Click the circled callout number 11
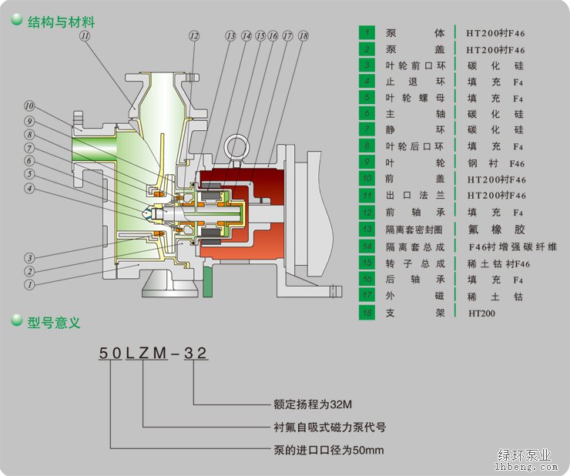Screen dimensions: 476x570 pyautogui.click(x=84, y=36)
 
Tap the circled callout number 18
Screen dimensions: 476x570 pyautogui.click(x=303, y=36)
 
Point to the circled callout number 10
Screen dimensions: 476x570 pyautogui.click(x=29, y=106)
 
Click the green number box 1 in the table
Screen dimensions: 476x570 pyautogui.click(x=368, y=32)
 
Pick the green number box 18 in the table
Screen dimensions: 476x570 pyautogui.click(x=368, y=313)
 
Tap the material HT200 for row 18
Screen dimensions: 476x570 pyautogui.click(x=481, y=313)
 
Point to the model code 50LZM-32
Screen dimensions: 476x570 pyautogui.click(x=153, y=354)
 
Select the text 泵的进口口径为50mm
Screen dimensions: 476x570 pyautogui.click(x=328, y=450)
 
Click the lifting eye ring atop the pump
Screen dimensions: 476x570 pyautogui.click(x=235, y=146)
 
